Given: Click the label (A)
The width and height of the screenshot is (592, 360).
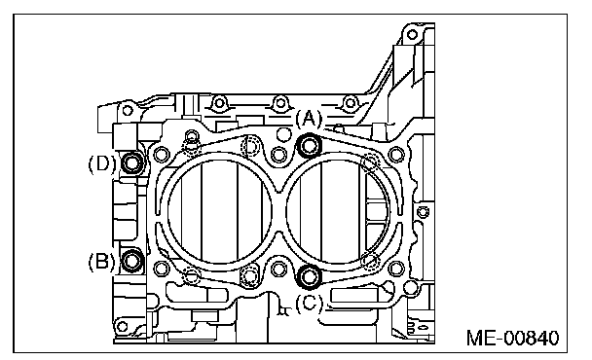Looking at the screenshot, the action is coord(310,119).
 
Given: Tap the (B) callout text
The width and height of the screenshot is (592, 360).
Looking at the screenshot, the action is coord(101,261).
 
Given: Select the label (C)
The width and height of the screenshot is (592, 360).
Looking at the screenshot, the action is coord(310,303).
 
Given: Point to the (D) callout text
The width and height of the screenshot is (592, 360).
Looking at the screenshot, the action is coord(101,164).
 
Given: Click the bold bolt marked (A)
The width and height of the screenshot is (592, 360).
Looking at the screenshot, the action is coord(310,145).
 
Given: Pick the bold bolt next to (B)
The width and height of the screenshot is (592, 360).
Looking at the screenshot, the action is coord(132,261).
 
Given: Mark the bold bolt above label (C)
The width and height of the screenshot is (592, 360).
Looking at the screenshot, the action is coord(310,276).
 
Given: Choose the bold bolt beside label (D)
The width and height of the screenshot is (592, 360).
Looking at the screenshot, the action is coord(132,163).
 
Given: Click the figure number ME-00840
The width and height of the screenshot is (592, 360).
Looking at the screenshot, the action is coord(512,338).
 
